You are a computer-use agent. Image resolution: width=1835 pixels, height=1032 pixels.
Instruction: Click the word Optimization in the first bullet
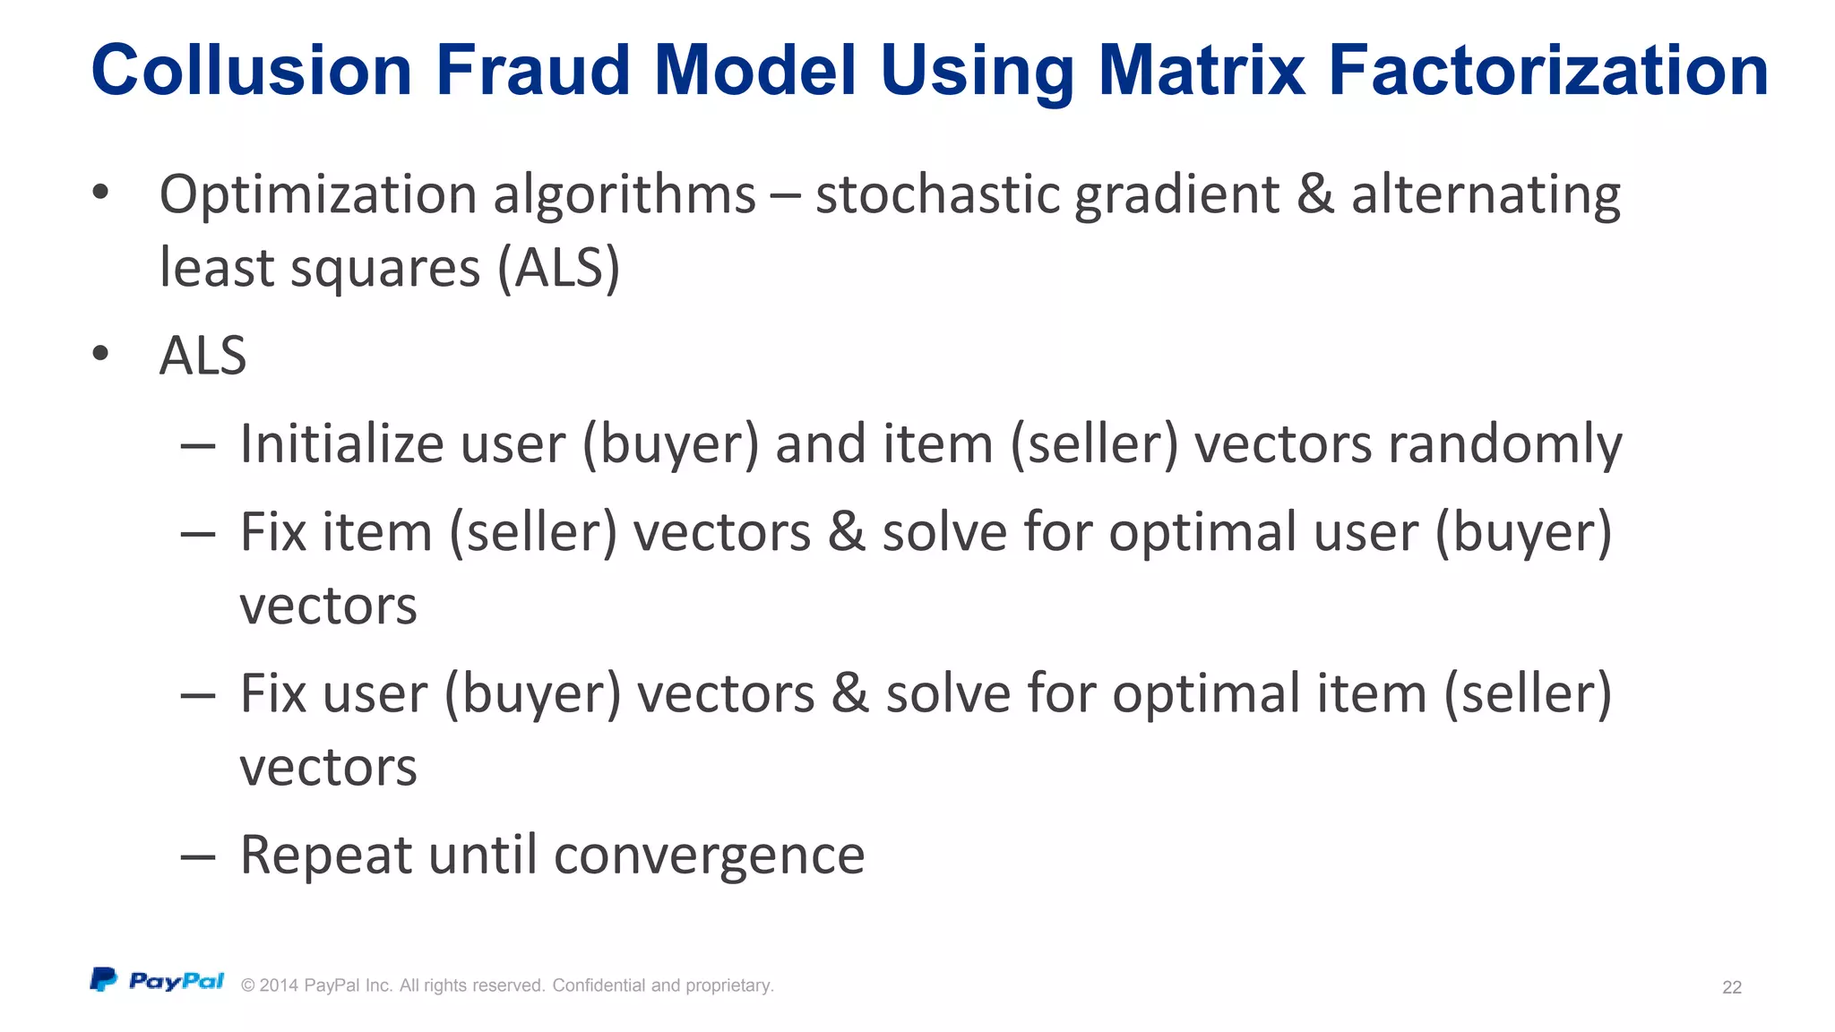pyautogui.click(x=320, y=194)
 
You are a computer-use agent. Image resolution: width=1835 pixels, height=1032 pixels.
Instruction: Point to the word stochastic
pyautogui.click(x=937, y=194)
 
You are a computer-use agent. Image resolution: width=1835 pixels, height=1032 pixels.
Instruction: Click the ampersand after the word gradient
pyautogui.click(x=1314, y=194)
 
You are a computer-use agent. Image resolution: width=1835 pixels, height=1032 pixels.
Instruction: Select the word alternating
pyautogui.click(x=1486, y=194)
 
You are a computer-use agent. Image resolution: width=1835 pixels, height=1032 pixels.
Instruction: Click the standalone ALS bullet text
pyautogui.click(x=202, y=356)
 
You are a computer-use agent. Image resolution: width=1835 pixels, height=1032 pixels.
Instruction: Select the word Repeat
pyautogui.click(x=326, y=855)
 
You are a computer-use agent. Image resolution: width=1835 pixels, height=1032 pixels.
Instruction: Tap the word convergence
pyautogui.click(x=709, y=855)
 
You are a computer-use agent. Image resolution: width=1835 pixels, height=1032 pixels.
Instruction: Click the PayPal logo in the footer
pyautogui.click(x=158, y=981)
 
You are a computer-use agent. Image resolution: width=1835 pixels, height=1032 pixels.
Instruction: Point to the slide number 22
pyautogui.click(x=1731, y=987)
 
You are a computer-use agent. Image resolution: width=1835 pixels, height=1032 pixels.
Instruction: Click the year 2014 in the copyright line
pyautogui.click(x=279, y=985)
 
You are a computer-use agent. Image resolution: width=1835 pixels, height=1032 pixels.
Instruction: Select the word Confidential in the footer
pyautogui.click(x=598, y=985)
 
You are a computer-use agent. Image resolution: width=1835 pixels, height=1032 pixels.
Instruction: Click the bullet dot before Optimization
pyautogui.click(x=100, y=192)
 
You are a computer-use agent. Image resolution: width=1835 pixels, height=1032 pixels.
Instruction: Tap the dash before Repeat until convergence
pyautogui.click(x=197, y=856)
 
